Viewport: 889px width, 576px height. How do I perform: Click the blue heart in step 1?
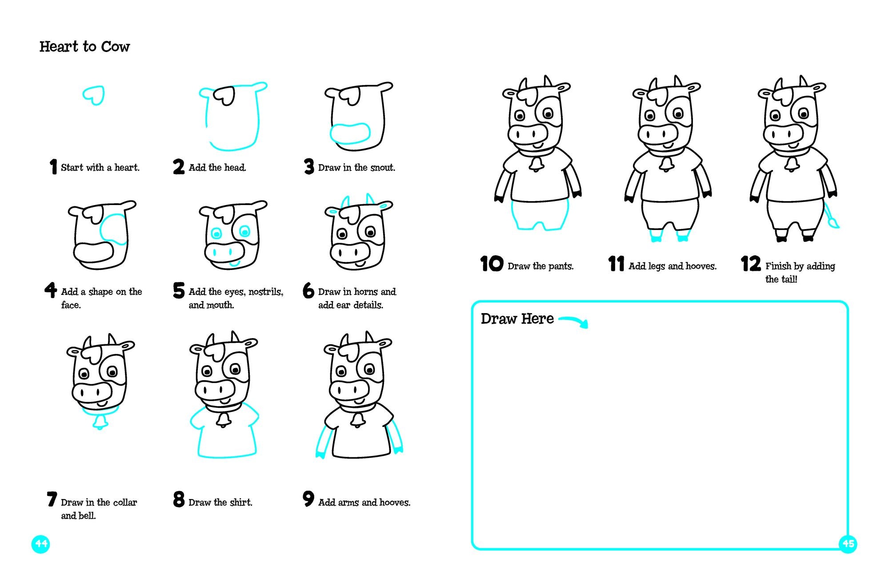(94, 95)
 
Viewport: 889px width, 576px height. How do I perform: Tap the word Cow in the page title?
(115, 47)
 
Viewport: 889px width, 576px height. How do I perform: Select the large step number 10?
(492, 264)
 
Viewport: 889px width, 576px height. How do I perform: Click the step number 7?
(52, 499)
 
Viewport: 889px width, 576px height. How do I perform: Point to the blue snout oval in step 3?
(350, 133)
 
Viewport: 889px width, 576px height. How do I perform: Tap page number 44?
(41, 544)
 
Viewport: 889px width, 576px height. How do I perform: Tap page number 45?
(848, 544)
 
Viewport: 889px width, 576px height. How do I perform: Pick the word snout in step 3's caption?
(382, 168)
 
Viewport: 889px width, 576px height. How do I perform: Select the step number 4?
(51, 290)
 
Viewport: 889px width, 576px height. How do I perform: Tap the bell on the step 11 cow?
(666, 165)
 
